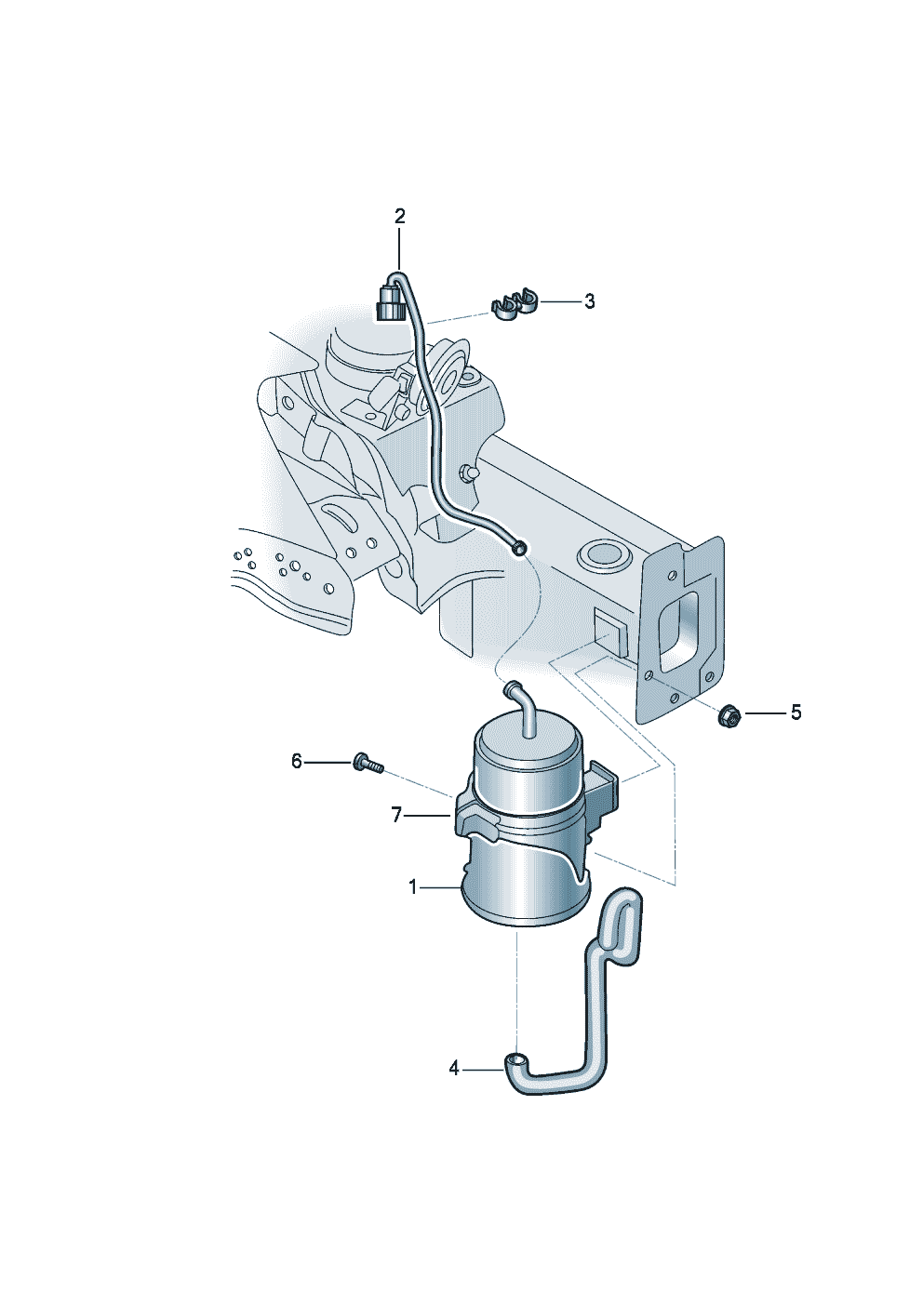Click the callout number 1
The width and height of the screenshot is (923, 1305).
click(413, 887)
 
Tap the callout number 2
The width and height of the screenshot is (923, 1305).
click(400, 217)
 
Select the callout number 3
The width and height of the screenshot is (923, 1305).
click(589, 301)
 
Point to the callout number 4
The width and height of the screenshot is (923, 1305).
click(454, 1069)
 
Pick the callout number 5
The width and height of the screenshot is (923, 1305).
click(796, 712)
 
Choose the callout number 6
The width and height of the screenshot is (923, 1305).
click(297, 762)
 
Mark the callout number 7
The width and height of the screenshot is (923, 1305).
click(396, 815)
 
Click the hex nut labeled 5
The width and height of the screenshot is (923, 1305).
click(729, 715)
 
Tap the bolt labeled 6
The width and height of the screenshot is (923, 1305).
click(367, 764)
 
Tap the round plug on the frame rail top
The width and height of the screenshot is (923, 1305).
click(604, 556)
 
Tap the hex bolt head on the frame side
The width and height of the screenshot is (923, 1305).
click(465, 474)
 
